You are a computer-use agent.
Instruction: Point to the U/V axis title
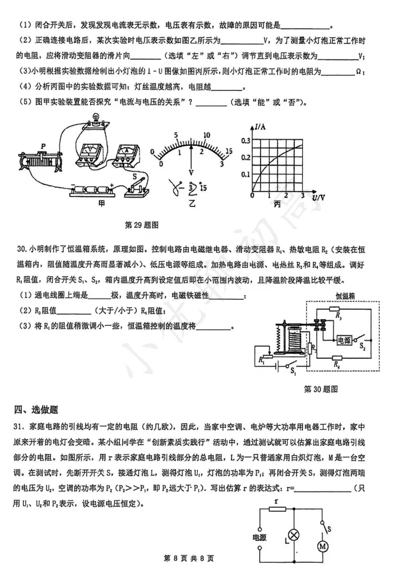tap(318, 197)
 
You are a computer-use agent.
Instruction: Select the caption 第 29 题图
tap(141, 224)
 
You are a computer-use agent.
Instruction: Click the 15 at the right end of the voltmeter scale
tap(229, 151)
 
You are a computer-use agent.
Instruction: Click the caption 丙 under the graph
tap(278, 204)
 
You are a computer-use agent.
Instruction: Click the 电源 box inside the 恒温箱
tap(345, 340)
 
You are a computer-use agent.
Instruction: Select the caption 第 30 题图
tap(321, 389)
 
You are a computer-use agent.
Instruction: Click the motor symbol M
tap(324, 546)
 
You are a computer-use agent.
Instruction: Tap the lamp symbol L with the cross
tap(294, 536)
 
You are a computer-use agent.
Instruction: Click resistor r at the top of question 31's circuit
tap(278, 508)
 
